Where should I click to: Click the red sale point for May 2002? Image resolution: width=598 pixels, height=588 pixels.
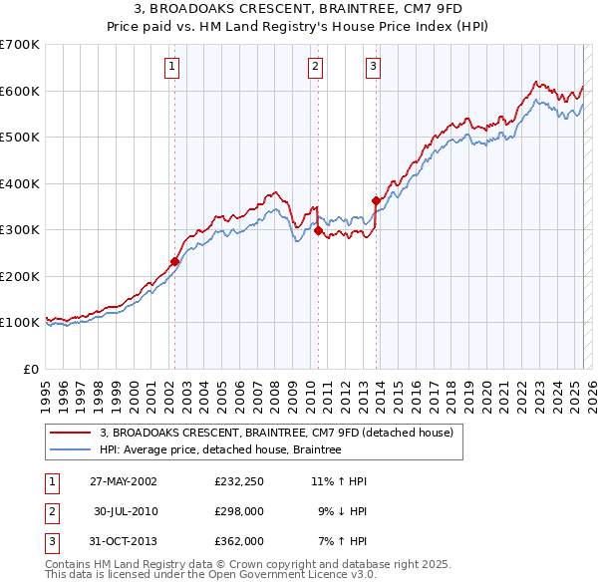[174, 261]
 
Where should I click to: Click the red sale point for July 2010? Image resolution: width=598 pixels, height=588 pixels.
[318, 230]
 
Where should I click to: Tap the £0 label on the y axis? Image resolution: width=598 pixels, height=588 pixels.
[31, 369]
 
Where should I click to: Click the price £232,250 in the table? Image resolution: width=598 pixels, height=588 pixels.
[238, 481]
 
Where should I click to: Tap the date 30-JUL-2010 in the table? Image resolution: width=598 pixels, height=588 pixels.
[126, 511]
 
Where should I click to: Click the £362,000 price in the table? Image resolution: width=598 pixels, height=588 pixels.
[238, 541]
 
